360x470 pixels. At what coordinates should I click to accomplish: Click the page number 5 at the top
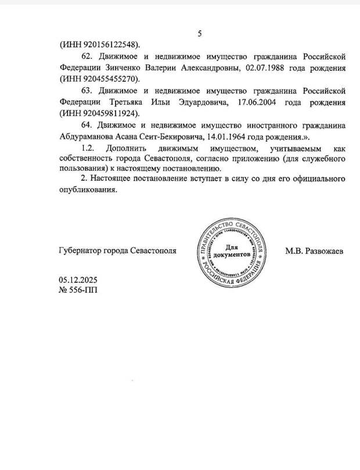[x=200, y=33]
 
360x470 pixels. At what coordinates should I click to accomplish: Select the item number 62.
[x=89, y=57]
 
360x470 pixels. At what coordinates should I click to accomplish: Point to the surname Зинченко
[x=124, y=68]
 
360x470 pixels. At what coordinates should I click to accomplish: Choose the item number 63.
[x=89, y=91]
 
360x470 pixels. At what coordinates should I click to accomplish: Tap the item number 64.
[x=89, y=125]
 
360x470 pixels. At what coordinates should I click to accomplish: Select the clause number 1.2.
[x=89, y=149]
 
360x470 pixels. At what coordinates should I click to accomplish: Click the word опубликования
[x=88, y=189]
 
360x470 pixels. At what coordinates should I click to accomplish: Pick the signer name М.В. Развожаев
[x=314, y=252]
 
